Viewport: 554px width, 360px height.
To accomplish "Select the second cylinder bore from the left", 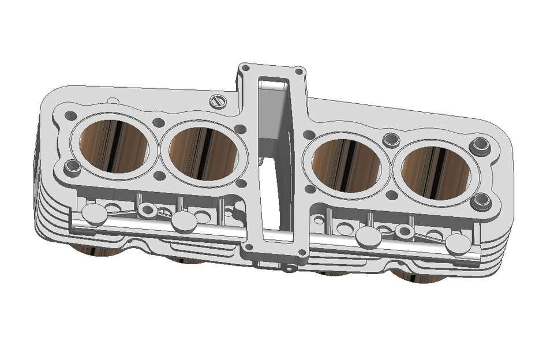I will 204,153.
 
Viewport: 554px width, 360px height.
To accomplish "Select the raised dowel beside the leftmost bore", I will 73,168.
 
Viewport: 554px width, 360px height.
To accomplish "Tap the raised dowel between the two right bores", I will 391,140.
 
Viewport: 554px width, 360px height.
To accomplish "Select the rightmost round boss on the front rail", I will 457,243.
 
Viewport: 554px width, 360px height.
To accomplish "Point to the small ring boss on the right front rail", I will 405,232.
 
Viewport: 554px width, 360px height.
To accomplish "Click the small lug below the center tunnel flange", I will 287,267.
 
